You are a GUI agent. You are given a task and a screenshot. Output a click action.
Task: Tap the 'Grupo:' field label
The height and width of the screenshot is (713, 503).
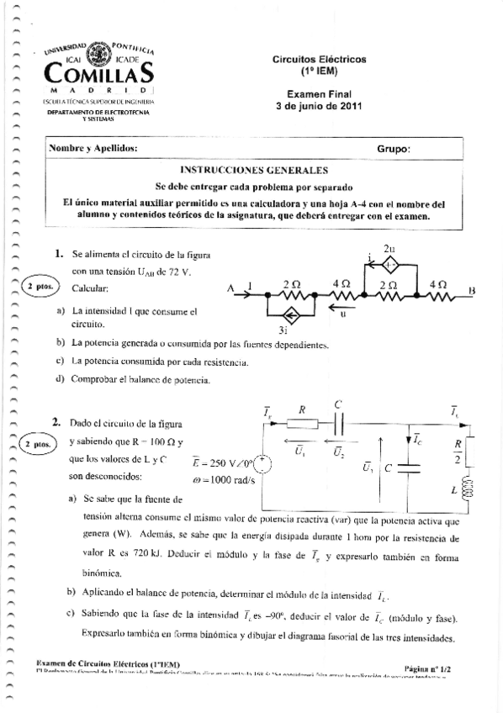(393, 149)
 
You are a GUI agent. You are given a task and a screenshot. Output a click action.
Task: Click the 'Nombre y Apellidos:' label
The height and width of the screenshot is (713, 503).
(93, 149)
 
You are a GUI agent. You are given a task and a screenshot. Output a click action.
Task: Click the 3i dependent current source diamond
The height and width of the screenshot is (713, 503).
(292, 315)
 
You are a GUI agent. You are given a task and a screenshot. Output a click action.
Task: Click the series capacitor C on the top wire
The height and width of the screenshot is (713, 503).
(337, 425)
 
